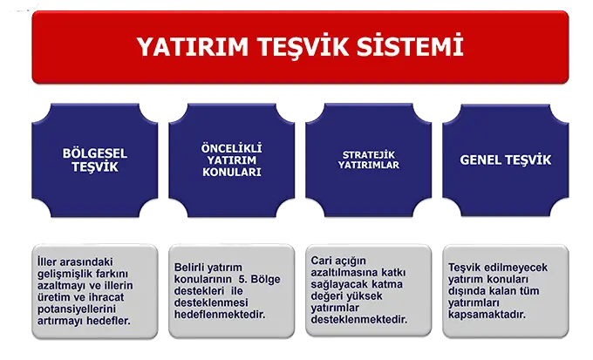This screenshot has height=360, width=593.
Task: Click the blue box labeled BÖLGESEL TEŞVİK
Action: click(95, 160)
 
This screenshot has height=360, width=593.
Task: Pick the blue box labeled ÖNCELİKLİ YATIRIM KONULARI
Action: click(231, 160)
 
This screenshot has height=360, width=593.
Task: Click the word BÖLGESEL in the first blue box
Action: click(95, 153)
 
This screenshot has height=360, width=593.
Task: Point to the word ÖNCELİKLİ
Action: click(231, 146)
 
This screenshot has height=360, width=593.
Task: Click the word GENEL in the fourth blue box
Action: click(480, 160)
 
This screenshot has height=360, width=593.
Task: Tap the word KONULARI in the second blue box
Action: click(231, 173)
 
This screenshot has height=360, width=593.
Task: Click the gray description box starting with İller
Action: click(95, 290)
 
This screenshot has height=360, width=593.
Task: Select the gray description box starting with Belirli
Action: click(231, 290)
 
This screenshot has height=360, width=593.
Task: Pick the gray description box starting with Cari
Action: click(368, 290)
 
